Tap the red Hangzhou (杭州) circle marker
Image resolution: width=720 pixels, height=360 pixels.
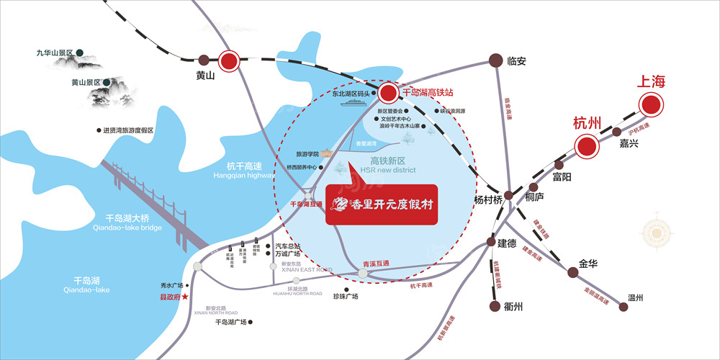pos(586,147)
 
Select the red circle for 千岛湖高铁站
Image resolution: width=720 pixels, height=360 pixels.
pos(389,92)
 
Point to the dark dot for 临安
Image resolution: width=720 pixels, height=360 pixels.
pos(495,61)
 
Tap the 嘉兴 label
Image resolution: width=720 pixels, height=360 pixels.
pos(629,143)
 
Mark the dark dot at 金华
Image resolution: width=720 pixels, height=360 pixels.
pos(573,272)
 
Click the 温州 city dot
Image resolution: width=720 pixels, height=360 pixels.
pos(623,306)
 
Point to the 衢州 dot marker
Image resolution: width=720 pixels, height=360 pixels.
pos(495,307)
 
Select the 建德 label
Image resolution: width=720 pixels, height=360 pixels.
pos(507,243)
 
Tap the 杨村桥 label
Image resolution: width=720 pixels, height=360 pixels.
pos(487,201)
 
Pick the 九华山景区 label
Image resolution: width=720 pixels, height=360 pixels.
pos(56,53)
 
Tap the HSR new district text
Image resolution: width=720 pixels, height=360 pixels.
pos(389,170)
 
